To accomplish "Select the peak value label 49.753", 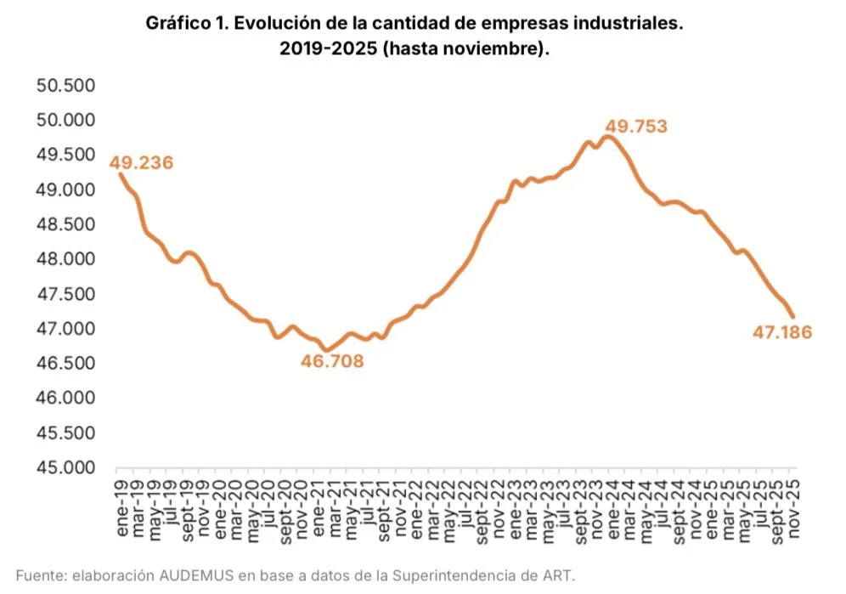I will (x=635, y=127).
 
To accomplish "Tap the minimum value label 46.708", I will (x=332, y=362).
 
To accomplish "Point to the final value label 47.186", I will (x=781, y=332).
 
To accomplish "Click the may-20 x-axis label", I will (x=252, y=507).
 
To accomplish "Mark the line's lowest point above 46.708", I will (x=324, y=349).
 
